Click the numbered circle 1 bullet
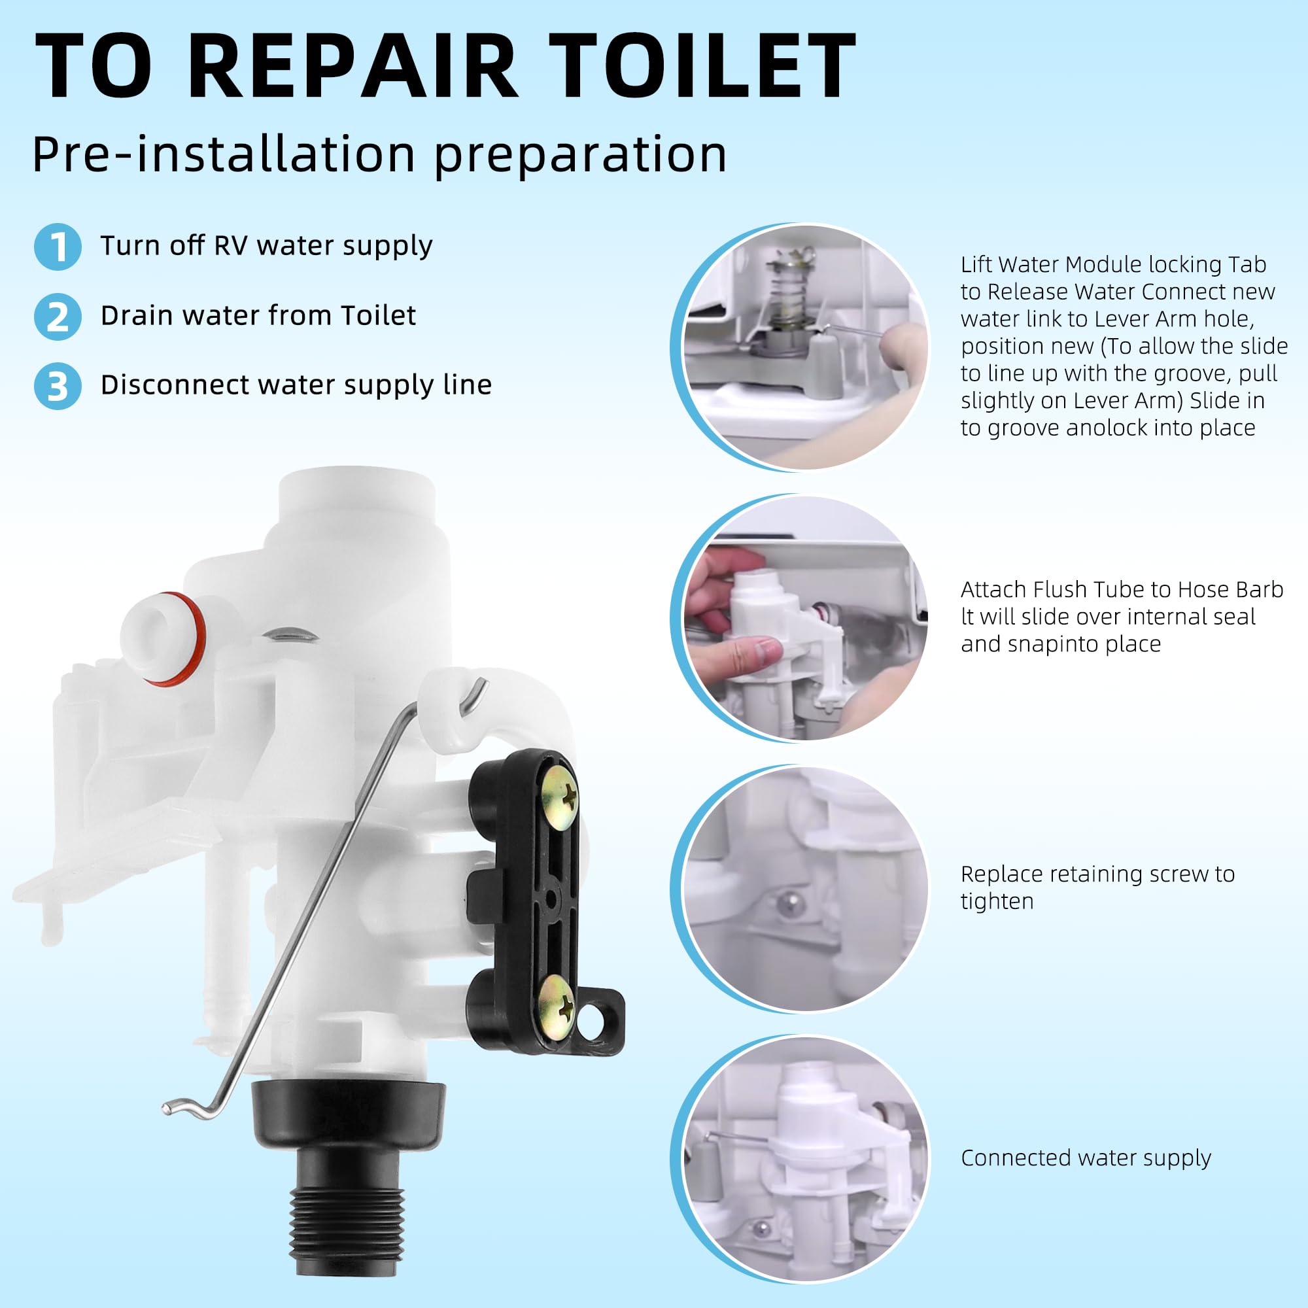[x=58, y=247]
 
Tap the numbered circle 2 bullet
[x=58, y=317]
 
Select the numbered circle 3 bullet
[x=58, y=386]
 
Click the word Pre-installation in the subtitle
[x=224, y=154]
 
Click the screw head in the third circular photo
[x=787, y=904]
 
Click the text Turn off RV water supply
[x=266, y=246]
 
